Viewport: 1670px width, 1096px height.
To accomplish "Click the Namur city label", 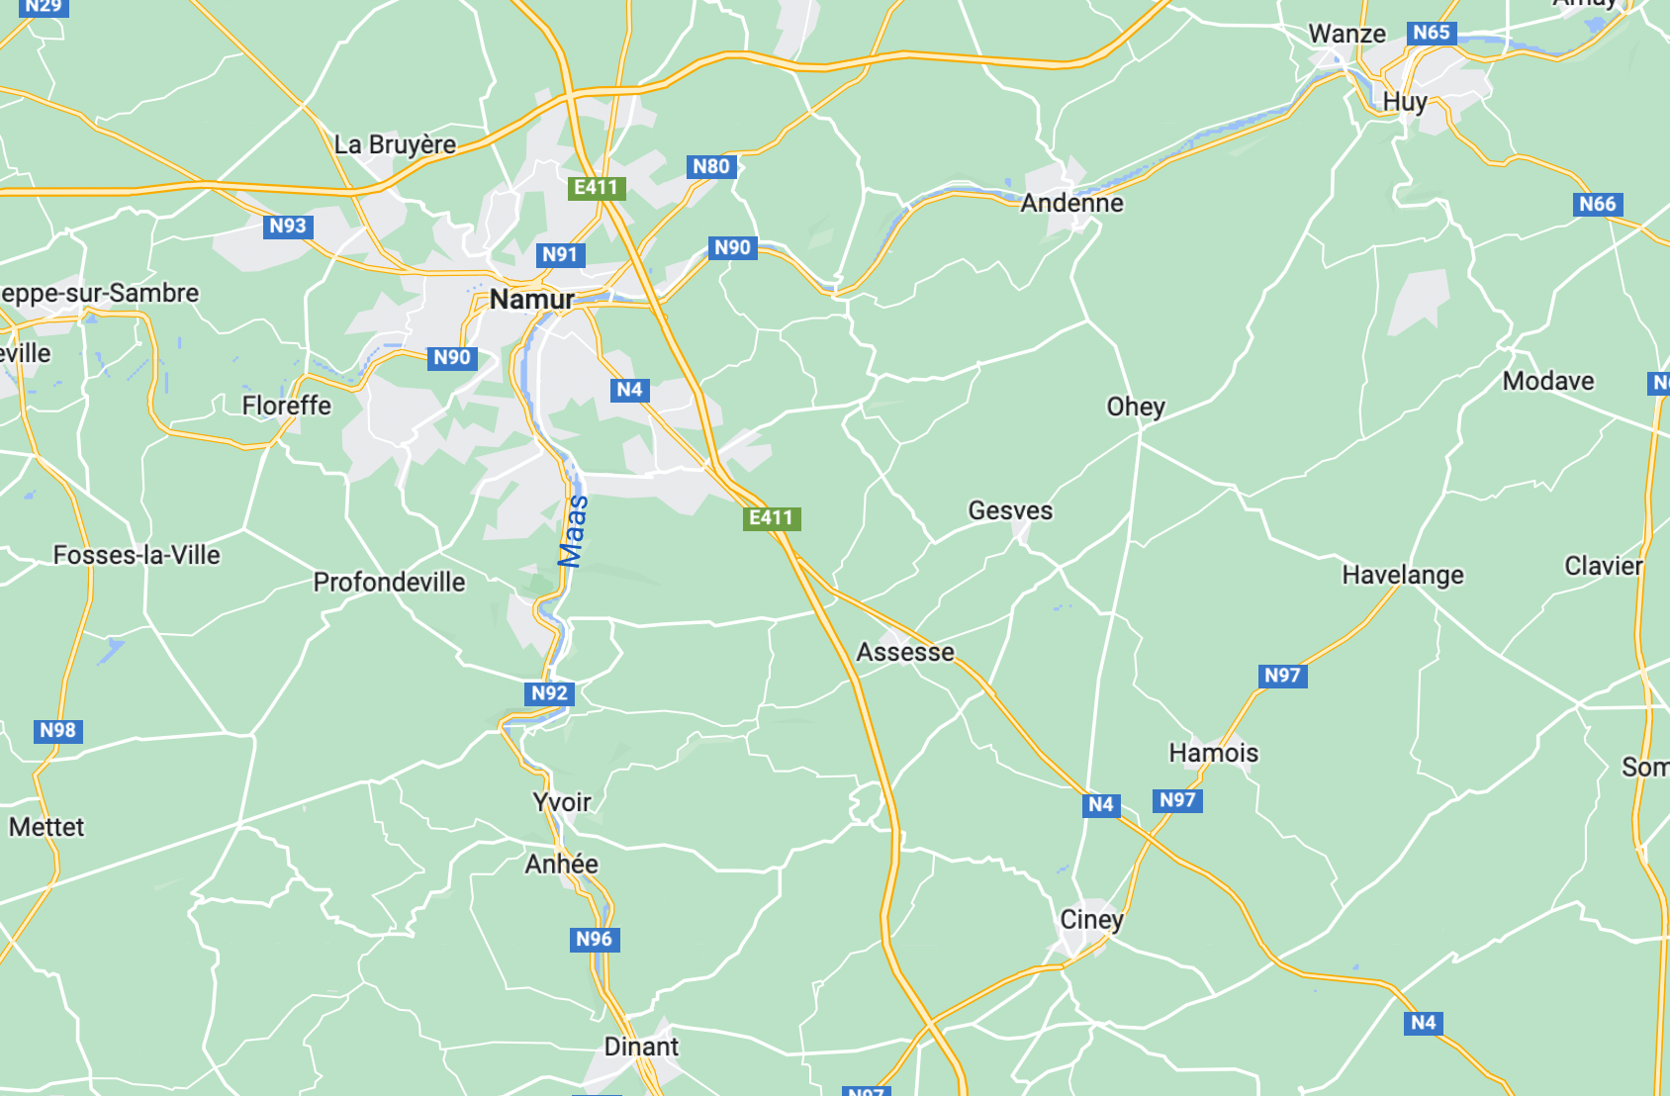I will click(531, 299).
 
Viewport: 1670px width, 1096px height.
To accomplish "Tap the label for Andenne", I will click(1071, 203).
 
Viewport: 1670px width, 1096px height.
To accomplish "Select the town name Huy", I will click(1404, 102).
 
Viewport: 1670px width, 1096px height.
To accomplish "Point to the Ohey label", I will click(1136, 407).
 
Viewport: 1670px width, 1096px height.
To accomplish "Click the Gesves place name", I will click(1010, 510).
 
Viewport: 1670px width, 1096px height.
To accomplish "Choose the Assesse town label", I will click(905, 652).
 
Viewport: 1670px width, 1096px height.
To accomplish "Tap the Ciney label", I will click(1091, 919).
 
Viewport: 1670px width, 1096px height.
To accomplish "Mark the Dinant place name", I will click(641, 1047).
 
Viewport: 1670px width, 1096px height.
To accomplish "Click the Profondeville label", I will click(389, 582).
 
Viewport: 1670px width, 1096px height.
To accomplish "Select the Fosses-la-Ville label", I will click(137, 555).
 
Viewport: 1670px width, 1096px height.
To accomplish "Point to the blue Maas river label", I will click(574, 531).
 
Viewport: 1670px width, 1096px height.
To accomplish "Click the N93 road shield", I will click(288, 226).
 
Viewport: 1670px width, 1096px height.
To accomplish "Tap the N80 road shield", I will click(711, 166).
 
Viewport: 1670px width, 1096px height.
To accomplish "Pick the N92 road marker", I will click(549, 693).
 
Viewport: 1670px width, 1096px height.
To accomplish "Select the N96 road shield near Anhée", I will click(595, 939).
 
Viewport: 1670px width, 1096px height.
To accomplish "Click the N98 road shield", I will click(57, 731).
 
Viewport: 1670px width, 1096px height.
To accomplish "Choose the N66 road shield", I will click(1597, 204).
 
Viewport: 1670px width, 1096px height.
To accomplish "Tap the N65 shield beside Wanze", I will click(1431, 33).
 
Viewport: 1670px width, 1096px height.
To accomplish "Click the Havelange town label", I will click(1402, 575).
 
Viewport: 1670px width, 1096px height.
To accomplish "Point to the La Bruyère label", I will click(395, 144).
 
